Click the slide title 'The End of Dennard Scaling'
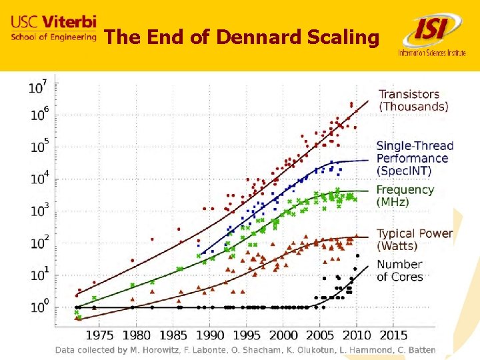click(x=241, y=37)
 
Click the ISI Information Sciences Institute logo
click(x=432, y=37)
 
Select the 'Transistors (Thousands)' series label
click(x=413, y=100)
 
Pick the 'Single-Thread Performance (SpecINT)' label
click(x=414, y=158)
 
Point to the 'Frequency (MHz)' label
click(x=405, y=195)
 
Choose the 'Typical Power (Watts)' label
click(x=414, y=239)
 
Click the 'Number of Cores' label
click(x=399, y=270)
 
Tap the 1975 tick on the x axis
click(x=102, y=334)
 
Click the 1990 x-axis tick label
click(x=211, y=334)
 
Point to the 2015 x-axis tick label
click(x=394, y=334)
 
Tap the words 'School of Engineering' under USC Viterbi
click(x=53, y=37)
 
